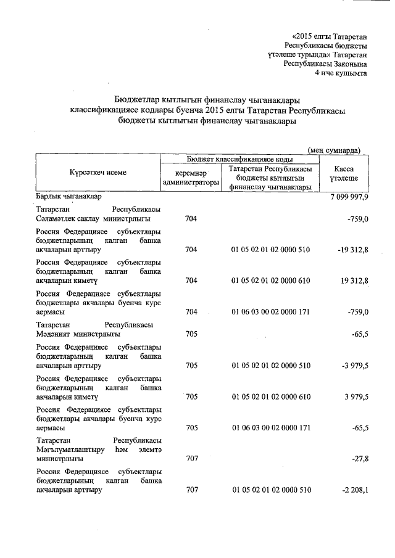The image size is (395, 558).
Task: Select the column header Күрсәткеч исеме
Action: pos(98,173)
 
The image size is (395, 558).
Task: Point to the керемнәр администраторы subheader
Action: pos(191,178)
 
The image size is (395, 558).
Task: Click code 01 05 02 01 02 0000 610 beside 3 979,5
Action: pos(271,396)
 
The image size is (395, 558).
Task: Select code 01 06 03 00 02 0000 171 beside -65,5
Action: pos(271,427)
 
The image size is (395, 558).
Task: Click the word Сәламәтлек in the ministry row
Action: pos(56,219)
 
